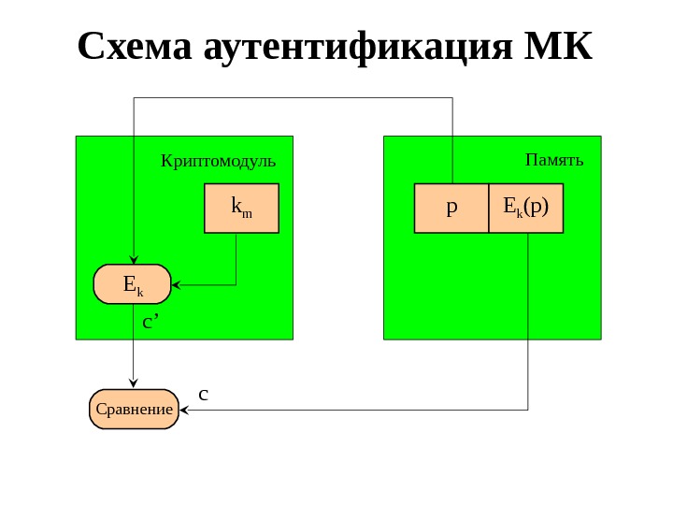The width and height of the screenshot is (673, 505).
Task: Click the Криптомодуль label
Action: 218,160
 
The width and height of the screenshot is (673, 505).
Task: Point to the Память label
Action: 554,160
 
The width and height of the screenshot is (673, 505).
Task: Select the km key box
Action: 241,208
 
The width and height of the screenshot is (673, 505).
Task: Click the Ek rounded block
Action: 133,284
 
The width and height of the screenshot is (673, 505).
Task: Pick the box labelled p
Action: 451,208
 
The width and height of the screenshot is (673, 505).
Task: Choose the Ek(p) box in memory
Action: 526,208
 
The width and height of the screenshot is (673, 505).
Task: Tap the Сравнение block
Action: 134,409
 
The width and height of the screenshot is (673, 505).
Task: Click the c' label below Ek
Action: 150,323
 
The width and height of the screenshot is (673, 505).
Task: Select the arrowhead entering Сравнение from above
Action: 134,384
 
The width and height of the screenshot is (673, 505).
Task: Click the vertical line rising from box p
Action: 452,140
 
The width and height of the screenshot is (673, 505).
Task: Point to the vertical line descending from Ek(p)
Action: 528,318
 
